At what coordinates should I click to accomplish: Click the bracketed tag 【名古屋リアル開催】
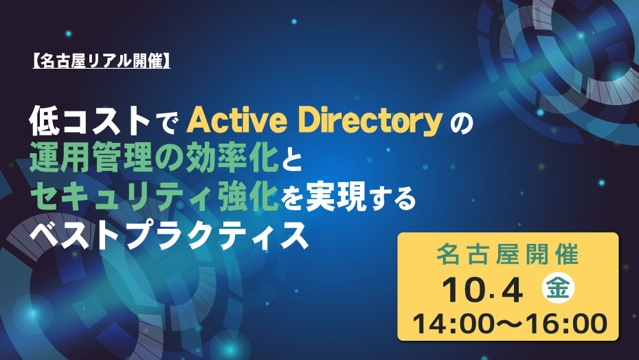[101, 61]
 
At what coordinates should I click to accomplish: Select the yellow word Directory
[371, 122]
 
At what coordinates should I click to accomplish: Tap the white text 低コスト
[90, 121]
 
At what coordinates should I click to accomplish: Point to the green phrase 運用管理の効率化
[154, 158]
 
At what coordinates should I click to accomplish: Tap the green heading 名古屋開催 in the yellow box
[508, 254]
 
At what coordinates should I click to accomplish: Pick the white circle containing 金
[558, 288]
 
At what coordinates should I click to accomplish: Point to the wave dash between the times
[509, 324]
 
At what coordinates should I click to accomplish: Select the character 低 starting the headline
[44, 121]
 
